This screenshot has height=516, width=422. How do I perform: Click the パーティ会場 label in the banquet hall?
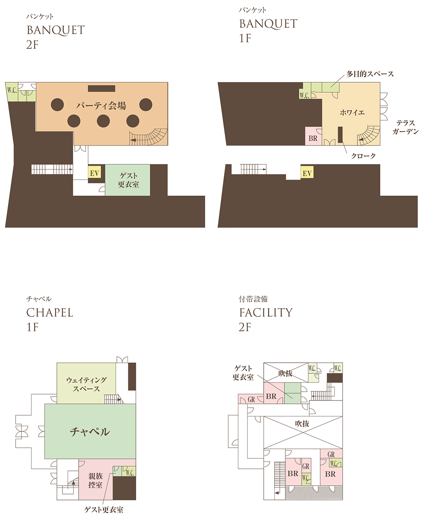[101, 106]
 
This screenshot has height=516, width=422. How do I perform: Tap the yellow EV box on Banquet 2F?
[94, 173]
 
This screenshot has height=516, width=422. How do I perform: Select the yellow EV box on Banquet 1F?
[307, 173]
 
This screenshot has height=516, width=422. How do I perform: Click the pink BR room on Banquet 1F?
[313, 136]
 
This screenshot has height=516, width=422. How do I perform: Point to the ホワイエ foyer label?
[352, 113]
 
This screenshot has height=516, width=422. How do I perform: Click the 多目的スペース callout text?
[370, 74]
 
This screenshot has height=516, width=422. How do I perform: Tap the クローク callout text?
[363, 156]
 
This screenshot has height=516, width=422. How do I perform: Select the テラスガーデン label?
[406, 127]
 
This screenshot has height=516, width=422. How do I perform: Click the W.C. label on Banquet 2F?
[12, 90]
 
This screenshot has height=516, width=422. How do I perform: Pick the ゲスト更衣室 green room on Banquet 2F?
[127, 180]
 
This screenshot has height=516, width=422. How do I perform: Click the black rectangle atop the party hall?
[102, 89]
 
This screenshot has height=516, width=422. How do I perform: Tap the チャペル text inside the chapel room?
[90, 432]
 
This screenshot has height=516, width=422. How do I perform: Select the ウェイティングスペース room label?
[86, 384]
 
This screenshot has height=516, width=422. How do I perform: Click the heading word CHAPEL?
[50, 313]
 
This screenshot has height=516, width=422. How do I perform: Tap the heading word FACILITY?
[266, 312]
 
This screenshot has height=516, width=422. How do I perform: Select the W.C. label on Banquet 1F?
[304, 95]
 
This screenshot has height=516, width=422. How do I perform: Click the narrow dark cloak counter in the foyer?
[340, 134]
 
